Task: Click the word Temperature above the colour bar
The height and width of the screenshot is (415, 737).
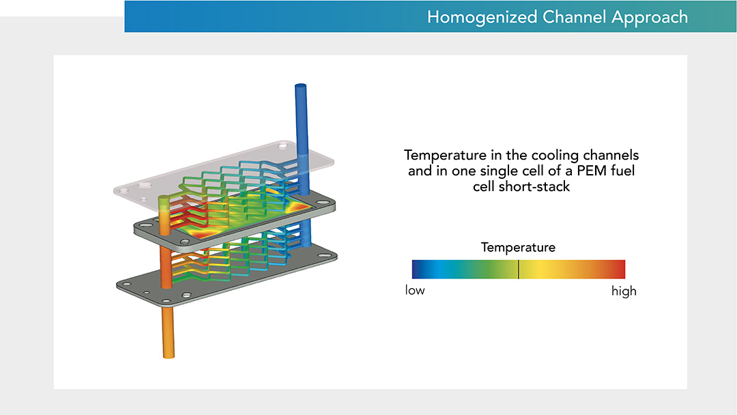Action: click(x=518, y=247)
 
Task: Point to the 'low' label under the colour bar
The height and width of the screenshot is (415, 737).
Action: click(x=415, y=291)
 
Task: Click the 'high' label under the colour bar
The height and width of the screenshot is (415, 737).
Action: click(x=623, y=291)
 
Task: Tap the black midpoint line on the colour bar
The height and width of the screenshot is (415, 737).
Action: click(x=519, y=269)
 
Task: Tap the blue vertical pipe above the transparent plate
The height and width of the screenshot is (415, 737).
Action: click(x=301, y=113)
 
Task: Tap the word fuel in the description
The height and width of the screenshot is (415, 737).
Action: click(x=621, y=171)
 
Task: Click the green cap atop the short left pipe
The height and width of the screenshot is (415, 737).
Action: click(x=163, y=199)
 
